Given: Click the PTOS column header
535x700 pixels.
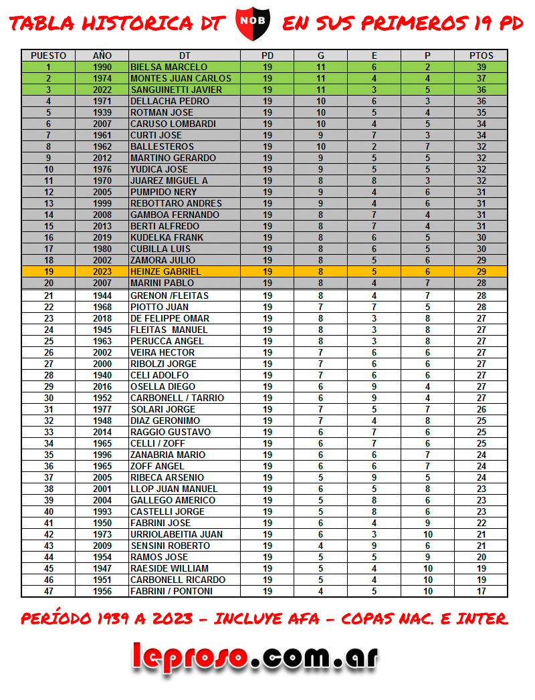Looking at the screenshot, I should tap(481, 55).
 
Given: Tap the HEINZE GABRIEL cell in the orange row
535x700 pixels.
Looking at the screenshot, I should tap(165, 271).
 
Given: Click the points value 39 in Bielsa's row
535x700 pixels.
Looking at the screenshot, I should tap(481, 67).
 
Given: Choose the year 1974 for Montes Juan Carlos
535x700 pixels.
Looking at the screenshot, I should tap(102, 78).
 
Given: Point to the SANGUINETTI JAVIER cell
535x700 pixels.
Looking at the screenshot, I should tap(176, 90).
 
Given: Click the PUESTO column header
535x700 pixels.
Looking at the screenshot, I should tap(48, 55).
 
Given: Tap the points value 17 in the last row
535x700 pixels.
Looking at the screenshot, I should tap(481, 591).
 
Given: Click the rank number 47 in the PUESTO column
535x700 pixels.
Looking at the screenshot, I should tap(48, 591).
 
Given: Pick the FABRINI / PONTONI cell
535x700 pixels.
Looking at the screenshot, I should tap(171, 591).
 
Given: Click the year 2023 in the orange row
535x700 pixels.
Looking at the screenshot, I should tap(102, 271).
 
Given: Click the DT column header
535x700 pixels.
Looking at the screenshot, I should tap(185, 55).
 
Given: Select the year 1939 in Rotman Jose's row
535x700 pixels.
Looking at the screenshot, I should tap(102, 112).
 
